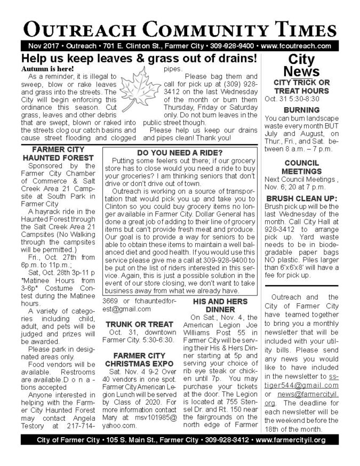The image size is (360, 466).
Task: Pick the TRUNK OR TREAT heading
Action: pos(139,324)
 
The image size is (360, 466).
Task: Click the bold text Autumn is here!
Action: pos(48,69)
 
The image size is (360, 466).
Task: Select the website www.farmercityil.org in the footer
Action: pos(291,440)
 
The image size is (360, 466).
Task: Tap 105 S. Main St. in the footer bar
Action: pos(129,440)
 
